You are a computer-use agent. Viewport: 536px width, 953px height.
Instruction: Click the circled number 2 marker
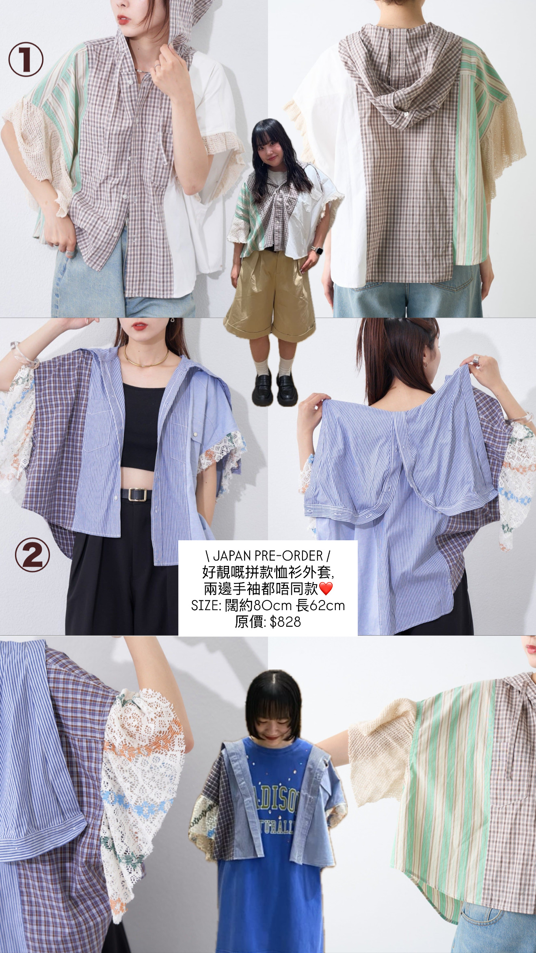33,555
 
